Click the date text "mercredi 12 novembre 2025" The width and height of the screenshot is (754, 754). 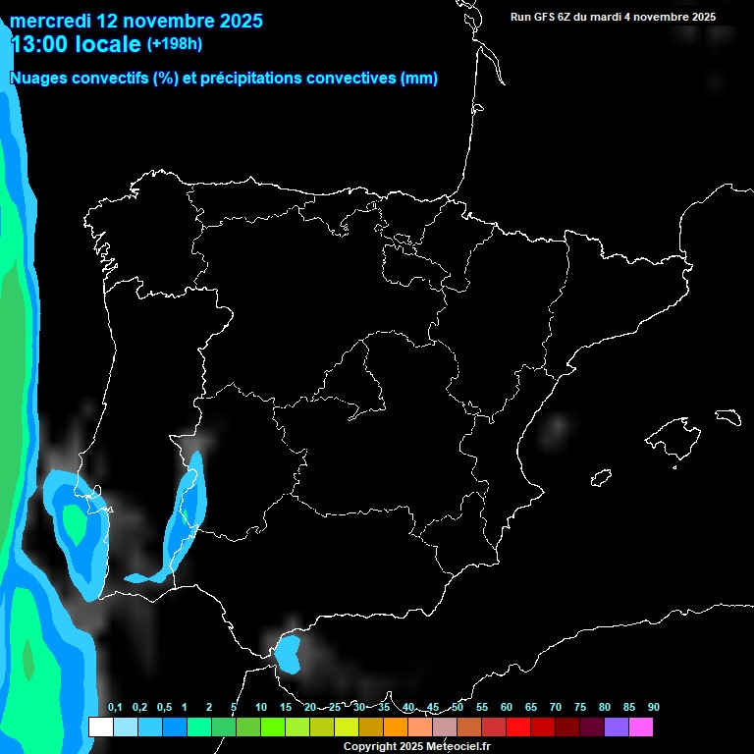pos(136,21)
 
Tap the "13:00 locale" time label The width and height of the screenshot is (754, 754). pos(76,43)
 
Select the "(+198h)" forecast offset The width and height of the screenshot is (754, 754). pos(175,44)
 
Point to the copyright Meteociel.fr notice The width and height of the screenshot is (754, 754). pos(416,746)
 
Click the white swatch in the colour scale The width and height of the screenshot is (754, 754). pos(100,727)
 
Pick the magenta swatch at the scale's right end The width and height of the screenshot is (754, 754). pos(640,727)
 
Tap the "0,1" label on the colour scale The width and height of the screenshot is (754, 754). pos(115,708)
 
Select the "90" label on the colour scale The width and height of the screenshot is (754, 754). pos(653,708)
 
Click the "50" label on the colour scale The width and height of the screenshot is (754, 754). pos(458,708)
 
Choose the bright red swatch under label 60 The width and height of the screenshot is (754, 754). pos(517,727)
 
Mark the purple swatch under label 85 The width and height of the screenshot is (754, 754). pos(616,727)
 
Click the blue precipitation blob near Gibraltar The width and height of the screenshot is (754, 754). pos(288,653)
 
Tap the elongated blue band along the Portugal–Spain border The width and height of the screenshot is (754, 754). pos(188,511)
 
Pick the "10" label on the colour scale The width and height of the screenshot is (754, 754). pos(260,708)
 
